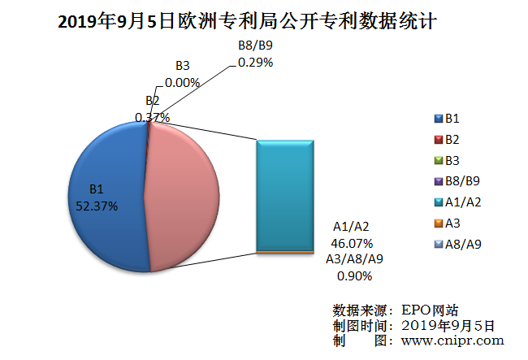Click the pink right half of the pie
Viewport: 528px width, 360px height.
[x=183, y=195]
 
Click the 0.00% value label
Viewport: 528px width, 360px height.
[x=182, y=81]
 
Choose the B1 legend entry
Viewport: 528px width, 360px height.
[x=452, y=119]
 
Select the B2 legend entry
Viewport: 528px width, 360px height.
[x=452, y=140]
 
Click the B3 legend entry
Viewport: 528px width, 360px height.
[x=452, y=160]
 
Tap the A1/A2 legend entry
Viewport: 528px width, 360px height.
[x=461, y=202]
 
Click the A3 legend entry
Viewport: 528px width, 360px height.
[x=452, y=223]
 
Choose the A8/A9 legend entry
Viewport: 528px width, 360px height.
[x=461, y=244]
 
